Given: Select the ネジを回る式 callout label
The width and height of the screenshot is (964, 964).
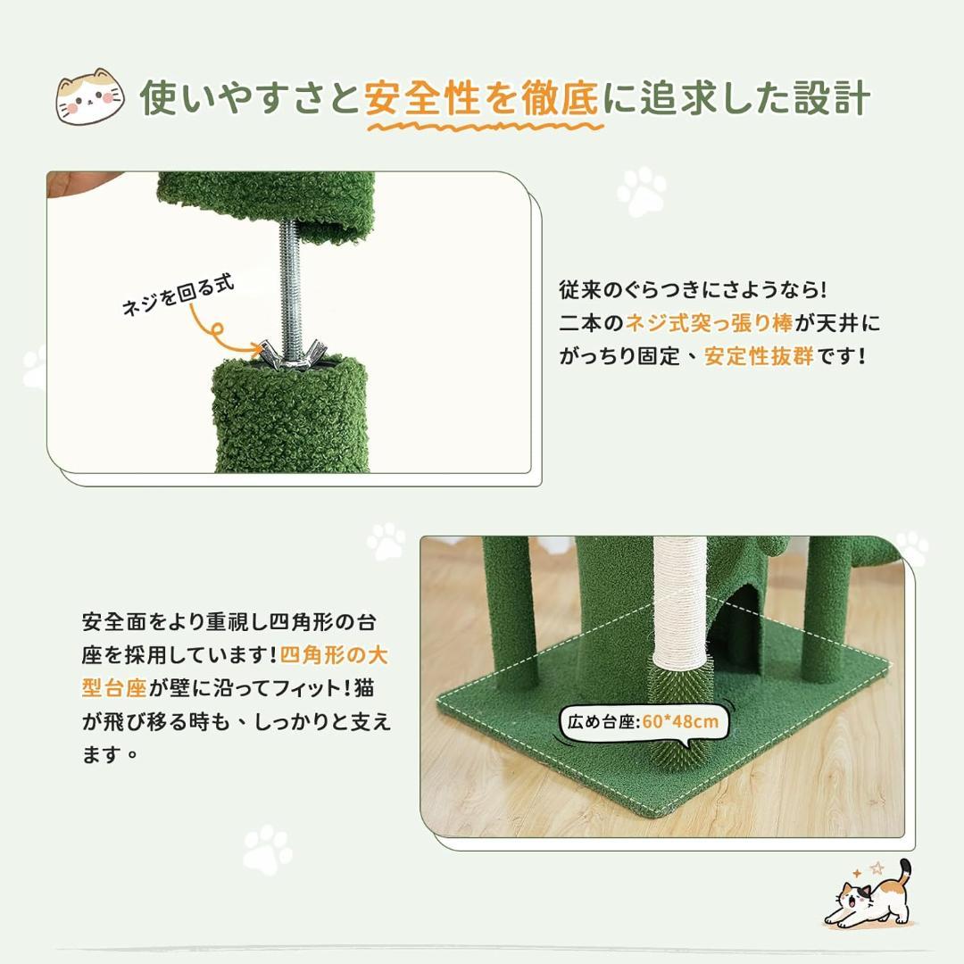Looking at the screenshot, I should pos(179,295).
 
